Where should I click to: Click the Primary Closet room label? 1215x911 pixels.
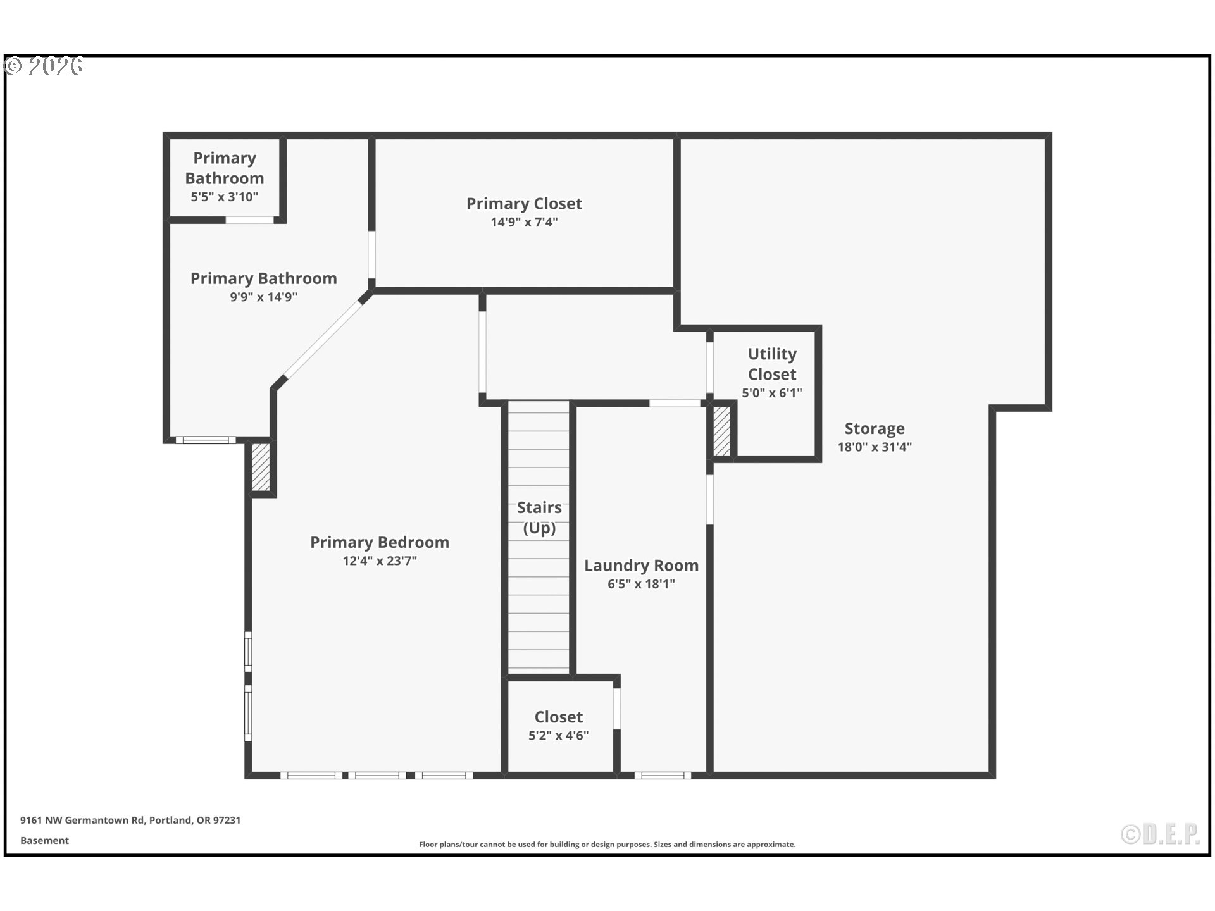[x=524, y=204]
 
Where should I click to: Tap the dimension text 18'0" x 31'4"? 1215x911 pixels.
[x=875, y=447]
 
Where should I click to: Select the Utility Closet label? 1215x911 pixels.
[x=771, y=364]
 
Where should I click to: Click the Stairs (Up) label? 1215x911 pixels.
[x=539, y=517]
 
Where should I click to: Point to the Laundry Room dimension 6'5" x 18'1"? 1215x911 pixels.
[x=641, y=584]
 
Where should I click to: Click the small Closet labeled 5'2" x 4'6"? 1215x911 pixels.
[x=559, y=725]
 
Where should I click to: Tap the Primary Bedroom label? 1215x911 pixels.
[x=380, y=542]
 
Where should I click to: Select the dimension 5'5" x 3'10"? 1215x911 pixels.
[x=225, y=197]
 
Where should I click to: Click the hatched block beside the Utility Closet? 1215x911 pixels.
[x=721, y=431]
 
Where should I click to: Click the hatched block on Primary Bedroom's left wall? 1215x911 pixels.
[x=261, y=467]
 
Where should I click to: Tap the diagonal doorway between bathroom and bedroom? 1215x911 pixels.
[x=322, y=341]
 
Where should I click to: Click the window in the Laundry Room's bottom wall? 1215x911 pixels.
[x=663, y=775]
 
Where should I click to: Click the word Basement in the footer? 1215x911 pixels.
[x=44, y=840]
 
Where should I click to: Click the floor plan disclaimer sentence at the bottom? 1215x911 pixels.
[x=607, y=845]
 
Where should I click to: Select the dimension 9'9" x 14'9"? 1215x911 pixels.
[x=263, y=297]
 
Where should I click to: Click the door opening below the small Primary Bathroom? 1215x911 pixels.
[x=250, y=220]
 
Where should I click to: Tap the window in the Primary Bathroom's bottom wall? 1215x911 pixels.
[x=206, y=440]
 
